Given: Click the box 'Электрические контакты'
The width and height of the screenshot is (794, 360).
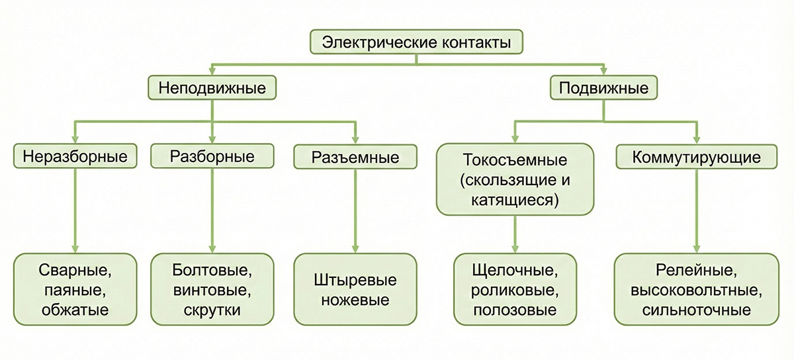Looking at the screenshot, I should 416,44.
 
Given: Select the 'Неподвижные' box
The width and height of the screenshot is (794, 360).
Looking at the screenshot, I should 211,88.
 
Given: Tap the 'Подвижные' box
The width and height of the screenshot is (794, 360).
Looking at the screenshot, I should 603,88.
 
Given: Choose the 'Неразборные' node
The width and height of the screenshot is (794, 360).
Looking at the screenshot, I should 74,157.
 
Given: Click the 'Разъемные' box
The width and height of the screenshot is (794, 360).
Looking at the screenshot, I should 355,157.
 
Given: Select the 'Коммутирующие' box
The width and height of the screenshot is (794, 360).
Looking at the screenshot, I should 695,157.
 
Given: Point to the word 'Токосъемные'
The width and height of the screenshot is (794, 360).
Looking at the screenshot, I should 515,161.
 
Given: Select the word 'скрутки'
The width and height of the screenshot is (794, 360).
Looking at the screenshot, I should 212,309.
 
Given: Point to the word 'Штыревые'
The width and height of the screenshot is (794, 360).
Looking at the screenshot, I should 355,280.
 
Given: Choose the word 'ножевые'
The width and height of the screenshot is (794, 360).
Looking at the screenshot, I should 355,300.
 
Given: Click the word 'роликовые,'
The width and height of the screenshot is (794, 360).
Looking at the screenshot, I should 515,290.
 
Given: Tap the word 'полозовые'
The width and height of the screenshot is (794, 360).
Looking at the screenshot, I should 515,309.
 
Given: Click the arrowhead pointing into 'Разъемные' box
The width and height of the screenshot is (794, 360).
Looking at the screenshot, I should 355,139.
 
